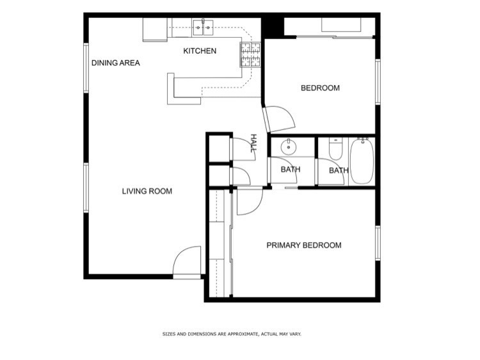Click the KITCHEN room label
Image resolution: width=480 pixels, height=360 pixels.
[200, 51]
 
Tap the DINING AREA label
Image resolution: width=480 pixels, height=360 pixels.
[116, 63]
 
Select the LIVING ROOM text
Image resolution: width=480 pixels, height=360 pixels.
[147, 191]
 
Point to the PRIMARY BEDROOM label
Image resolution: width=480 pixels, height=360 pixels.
[304, 245]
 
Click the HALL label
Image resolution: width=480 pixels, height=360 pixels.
[253, 143]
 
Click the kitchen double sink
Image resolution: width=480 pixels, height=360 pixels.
[203, 27]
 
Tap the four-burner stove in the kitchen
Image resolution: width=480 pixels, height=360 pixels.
[250, 54]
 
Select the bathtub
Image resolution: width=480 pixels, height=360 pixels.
[362, 161]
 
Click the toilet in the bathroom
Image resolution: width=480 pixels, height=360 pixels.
[335, 149]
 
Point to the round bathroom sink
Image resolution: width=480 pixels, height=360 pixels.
[289, 147]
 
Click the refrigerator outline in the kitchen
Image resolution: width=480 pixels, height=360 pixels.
[156, 29]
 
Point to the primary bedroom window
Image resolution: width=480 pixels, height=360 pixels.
[378, 243]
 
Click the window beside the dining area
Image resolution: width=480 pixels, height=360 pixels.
[86, 68]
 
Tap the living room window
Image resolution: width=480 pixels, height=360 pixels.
[86, 188]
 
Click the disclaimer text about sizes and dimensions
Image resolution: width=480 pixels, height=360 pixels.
[232, 334]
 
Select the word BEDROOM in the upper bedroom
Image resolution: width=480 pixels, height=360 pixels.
[320, 88]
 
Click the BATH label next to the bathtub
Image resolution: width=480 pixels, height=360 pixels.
[339, 170]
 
